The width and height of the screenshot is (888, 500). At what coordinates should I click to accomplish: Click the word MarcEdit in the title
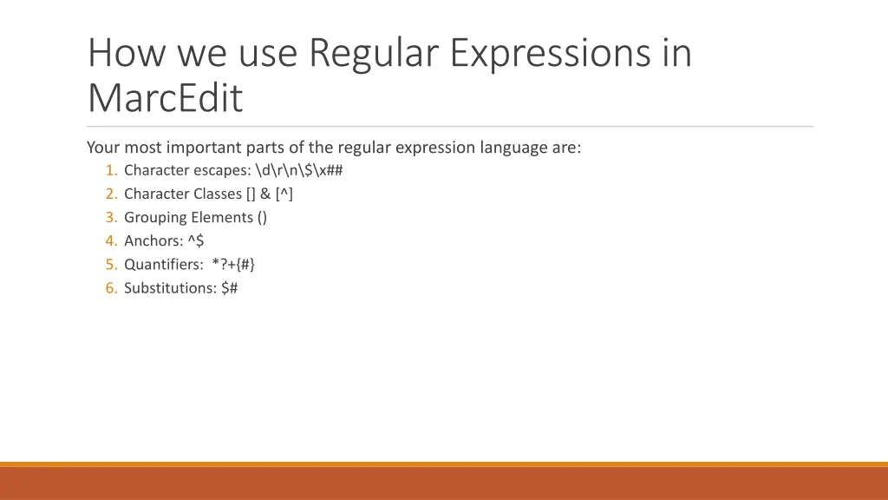[166, 99]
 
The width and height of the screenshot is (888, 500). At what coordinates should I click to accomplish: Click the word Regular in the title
[374, 53]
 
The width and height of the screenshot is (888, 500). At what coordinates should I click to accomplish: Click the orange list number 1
[111, 170]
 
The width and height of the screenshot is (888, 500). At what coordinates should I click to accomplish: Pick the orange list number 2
[111, 194]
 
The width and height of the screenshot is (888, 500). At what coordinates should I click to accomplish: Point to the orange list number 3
[111, 217]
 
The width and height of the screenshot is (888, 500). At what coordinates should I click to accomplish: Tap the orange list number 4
[111, 241]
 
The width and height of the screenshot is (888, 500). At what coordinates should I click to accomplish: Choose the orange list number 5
[111, 265]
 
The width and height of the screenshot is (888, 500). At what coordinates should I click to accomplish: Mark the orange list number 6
[111, 288]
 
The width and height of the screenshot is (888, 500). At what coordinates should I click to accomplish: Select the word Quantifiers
[162, 265]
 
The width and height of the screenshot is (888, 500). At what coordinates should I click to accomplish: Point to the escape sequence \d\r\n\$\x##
[299, 170]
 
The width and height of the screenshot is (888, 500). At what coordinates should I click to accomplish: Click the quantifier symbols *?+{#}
[233, 265]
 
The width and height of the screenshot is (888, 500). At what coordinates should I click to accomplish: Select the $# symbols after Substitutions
[229, 288]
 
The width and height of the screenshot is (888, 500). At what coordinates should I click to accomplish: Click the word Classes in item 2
[218, 194]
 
